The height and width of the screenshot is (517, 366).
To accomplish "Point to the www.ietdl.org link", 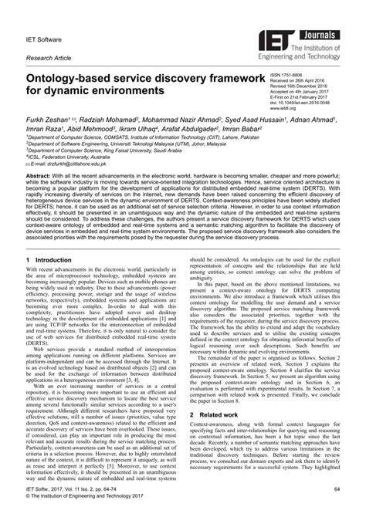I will coord(285,109).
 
